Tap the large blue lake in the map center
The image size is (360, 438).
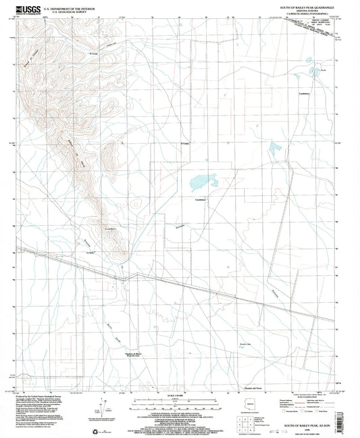click(x=201, y=181)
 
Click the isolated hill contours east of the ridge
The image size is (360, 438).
click(x=136, y=203)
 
